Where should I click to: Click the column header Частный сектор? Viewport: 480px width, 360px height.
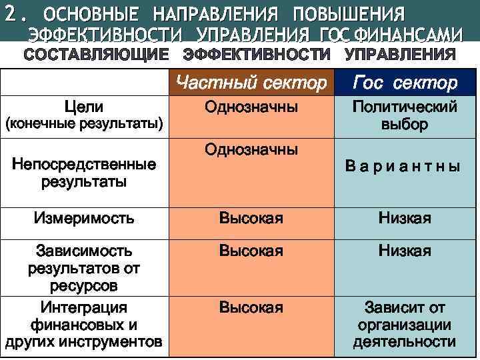pos(251,83)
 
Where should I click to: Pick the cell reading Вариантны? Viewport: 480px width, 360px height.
pos(403,167)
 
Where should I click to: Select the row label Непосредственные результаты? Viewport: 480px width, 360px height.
pos(84,172)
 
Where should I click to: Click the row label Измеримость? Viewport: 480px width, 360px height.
pos(84,218)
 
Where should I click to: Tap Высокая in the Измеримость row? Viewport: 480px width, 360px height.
pos(251,218)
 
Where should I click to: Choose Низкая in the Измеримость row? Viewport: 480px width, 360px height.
pos(405,218)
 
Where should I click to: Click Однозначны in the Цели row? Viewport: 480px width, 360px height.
pos(251,107)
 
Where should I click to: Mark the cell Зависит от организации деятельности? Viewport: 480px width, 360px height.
pos(405,325)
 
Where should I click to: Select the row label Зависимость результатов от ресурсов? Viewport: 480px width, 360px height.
pos(84,268)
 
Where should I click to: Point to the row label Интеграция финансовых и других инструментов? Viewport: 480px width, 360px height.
pos(84,325)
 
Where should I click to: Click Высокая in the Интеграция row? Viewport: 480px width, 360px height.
pos(251,308)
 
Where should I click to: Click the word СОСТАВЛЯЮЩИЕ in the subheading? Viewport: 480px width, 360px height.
pos(97,54)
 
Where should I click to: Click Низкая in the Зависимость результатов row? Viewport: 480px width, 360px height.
pos(405,251)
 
